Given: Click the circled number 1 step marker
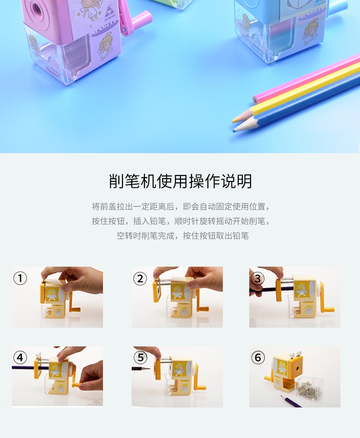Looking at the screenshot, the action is (20, 278).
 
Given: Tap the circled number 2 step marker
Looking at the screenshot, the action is (140, 278).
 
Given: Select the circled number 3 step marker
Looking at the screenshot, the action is (257, 278).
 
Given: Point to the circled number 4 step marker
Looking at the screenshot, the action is (20, 357).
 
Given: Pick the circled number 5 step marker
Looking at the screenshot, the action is (140, 357).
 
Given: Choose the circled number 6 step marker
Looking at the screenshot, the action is (258, 357).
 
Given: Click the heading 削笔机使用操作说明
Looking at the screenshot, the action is (180, 181).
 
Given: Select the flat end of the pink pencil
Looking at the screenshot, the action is (255, 99).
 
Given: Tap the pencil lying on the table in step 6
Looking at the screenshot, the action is (291, 401).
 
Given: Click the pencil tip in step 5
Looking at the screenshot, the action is (149, 369).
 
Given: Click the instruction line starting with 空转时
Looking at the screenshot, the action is (183, 236).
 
